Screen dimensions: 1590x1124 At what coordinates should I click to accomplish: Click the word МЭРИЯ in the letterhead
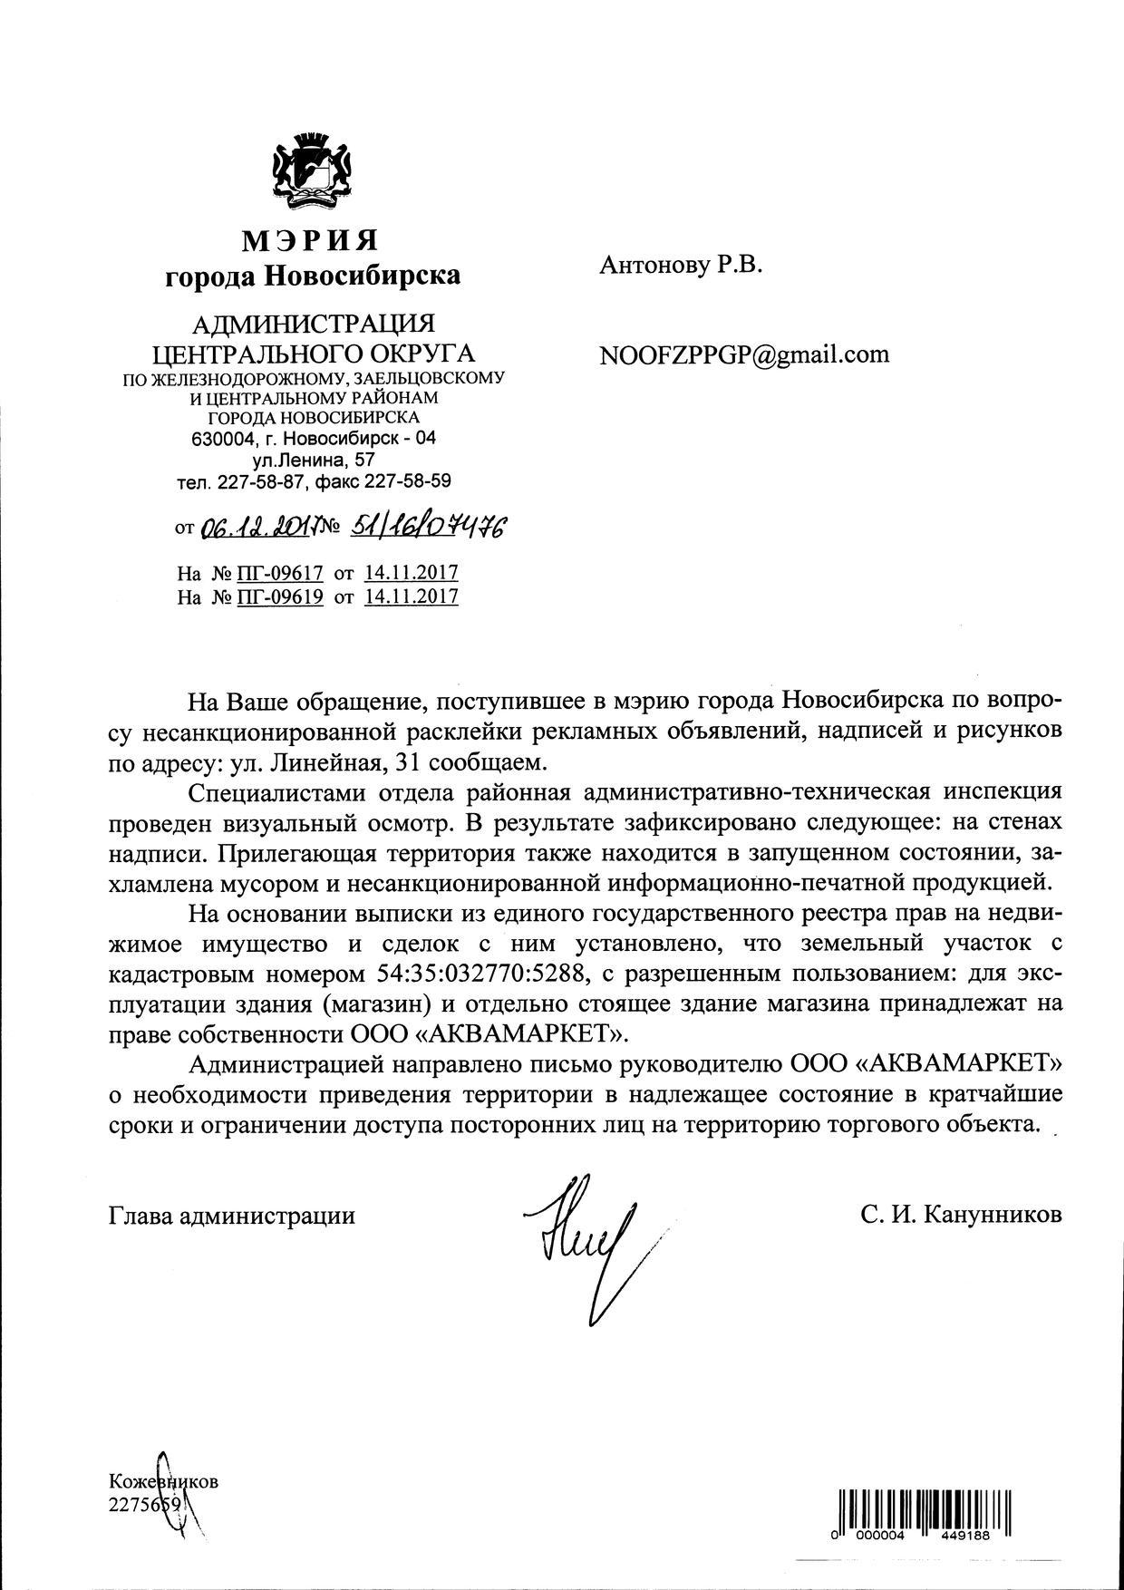(310, 240)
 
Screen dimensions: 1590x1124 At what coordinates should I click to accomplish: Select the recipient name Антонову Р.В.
(681, 265)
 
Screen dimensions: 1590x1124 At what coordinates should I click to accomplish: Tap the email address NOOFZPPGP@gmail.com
(744, 354)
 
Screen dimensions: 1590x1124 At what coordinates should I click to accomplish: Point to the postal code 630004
(216, 439)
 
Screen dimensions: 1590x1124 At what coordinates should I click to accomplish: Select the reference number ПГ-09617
(279, 573)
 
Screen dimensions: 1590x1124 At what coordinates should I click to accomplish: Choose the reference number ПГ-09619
(279, 596)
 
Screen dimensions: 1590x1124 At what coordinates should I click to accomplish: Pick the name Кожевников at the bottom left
(163, 1482)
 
